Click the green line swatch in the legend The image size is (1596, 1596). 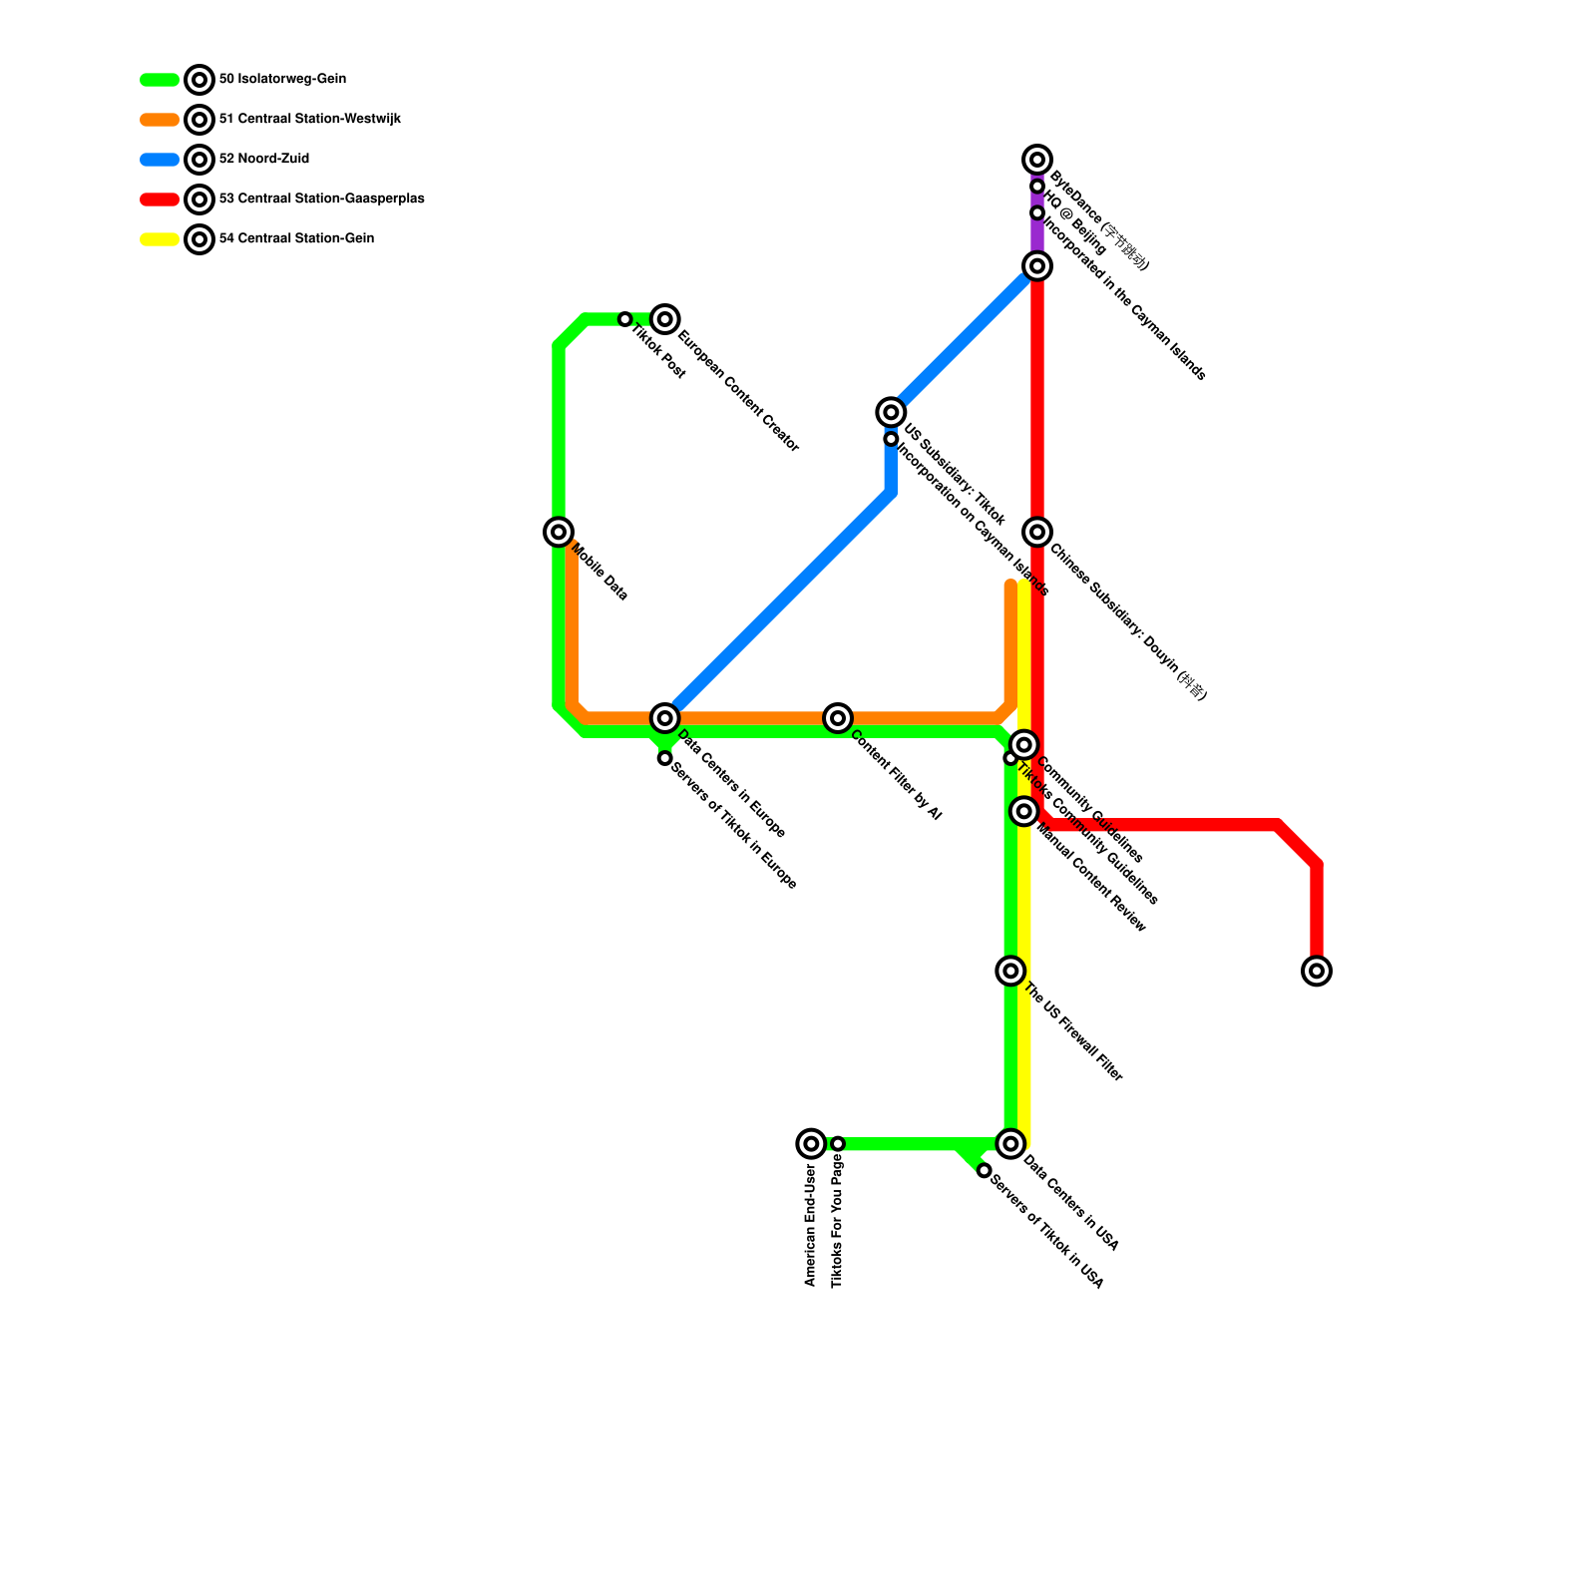point(160,80)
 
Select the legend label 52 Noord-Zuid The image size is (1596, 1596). point(263,160)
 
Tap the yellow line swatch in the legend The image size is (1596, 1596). point(160,239)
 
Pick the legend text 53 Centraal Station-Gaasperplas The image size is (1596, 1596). point(321,199)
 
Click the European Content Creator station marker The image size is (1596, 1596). point(665,319)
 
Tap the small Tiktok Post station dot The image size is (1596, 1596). point(625,319)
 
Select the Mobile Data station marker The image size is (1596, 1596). point(559,532)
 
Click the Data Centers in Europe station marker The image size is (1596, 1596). point(665,718)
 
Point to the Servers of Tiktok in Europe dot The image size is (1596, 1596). point(665,758)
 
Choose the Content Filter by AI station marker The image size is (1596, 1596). point(838,718)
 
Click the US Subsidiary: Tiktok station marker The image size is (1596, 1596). point(891,412)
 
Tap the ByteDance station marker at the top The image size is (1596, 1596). point(1037,160)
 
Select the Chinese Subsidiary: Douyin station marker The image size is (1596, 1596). point(1037,532)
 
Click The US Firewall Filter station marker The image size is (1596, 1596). point(1010,971)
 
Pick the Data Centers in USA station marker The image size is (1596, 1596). point(1010,1144)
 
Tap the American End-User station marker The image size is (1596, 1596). point(811,1144)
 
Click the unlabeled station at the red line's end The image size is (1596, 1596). point(1317,971)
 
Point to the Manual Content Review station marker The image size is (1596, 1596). point(1024,812)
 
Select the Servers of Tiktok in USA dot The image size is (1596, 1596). point(985,1170)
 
